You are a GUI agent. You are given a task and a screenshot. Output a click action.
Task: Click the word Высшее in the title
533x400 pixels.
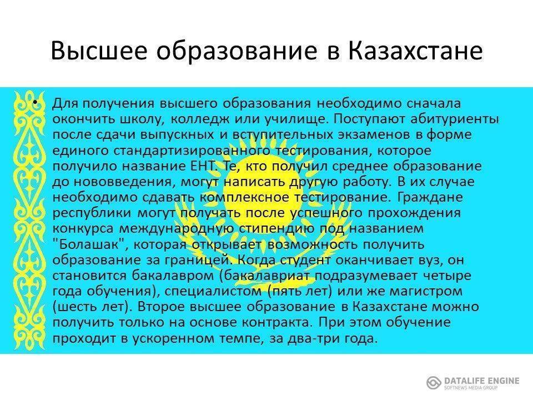coord(99,51)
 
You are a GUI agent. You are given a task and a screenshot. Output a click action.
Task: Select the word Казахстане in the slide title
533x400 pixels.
coord(415,51)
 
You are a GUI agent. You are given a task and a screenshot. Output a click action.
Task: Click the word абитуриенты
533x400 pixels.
coord(455,119)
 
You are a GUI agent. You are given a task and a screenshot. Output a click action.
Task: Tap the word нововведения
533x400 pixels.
coord(123,182)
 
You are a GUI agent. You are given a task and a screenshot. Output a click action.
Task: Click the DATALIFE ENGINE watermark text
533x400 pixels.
coord(481,381)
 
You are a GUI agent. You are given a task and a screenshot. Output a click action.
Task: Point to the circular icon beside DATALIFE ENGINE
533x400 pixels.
coord(434,383)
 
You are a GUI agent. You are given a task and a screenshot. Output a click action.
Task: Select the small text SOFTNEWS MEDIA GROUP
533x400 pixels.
coord(470,388)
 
